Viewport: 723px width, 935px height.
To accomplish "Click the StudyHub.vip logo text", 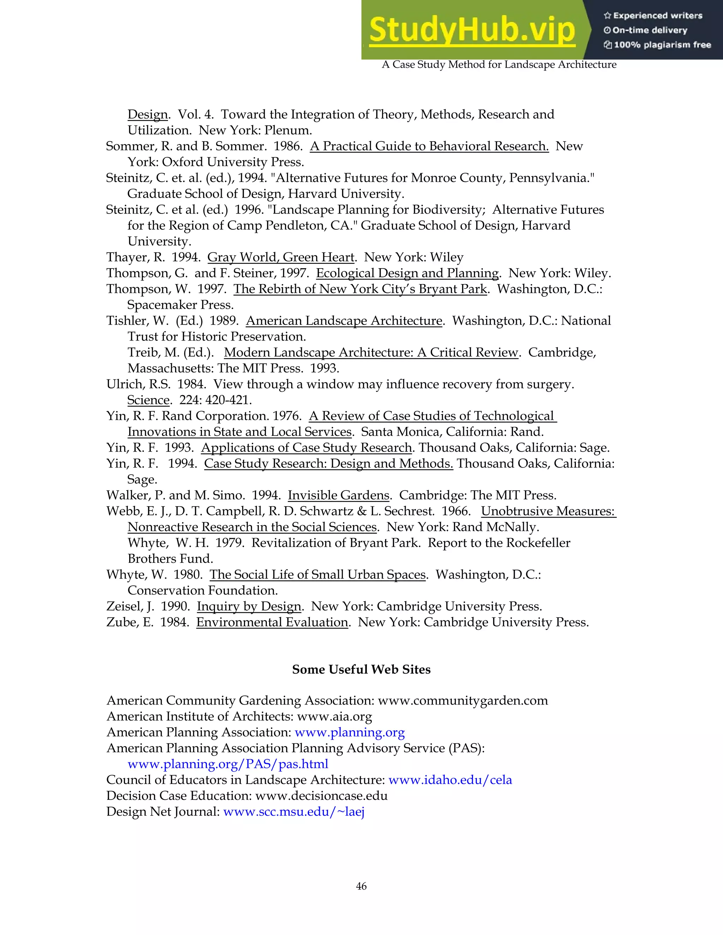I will (x=472, y=30).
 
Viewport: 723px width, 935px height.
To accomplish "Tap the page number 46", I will (x=361, y=886).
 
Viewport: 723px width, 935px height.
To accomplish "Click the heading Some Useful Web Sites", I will (x=361, y=670).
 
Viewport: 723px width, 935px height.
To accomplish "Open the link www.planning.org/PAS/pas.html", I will (x=228, y=764).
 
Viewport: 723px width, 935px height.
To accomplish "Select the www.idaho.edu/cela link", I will (x=450, y=780).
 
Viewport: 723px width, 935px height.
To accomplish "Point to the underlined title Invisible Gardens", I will (x=338, y=495).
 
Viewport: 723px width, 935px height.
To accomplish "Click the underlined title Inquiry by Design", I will (x=249, y=606).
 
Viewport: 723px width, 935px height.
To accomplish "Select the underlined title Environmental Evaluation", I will (x=272, y=622).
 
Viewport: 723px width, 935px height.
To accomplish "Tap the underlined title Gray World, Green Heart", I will (x=281, y=257).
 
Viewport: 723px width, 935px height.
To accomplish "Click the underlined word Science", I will (x=148, y=400).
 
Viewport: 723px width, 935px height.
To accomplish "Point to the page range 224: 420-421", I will (x=215, y=400).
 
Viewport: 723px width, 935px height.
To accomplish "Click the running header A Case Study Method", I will (x=499, y=65).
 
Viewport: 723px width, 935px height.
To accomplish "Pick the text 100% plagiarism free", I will (x=662, y=45).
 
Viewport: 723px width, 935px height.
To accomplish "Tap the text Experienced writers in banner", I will (x=657, y=16).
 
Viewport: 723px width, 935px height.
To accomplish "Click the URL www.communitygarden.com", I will (x=462, y=701).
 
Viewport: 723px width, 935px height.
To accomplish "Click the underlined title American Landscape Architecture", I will (x=344, y=321).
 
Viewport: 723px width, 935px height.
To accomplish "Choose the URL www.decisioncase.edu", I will (x=321, y=796).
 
